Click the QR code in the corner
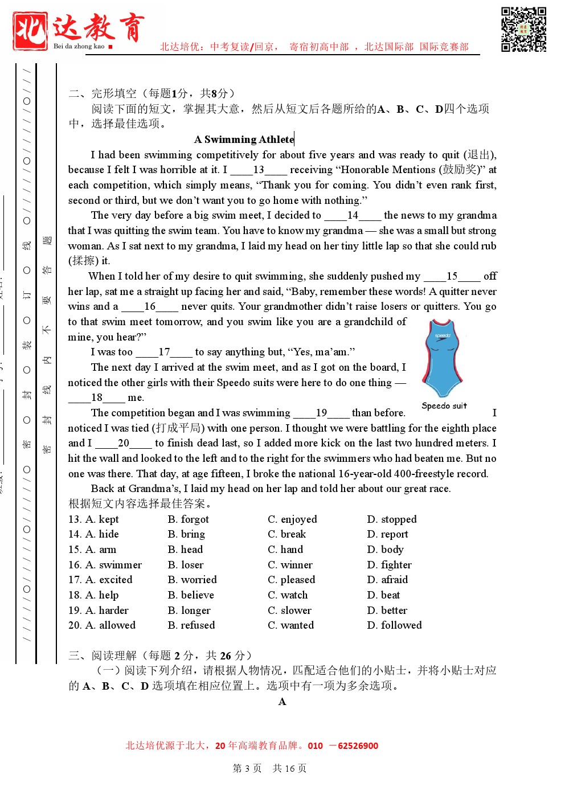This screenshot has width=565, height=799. pyautogui.click(x=523, y=29)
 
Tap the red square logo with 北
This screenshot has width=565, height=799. pyautogui.click(x=30, y=31)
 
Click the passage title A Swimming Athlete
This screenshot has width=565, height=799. pyautogui.click(x=244, y=140)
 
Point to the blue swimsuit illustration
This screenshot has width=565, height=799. pyautogui.click(x=443, y=357)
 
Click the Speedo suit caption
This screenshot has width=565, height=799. pyautogui.click(x=444, y=406)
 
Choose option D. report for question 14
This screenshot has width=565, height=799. pyautogui.click(x=388, y=534)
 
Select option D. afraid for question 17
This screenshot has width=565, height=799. pyautogui.click(x=387, y=580)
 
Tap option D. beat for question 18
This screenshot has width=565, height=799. pyautogui.click(x=383, y=595)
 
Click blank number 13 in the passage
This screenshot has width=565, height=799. pyautogui.click(x=259, y=170)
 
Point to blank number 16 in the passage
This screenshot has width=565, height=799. pyautogui.click(x=150, y=306)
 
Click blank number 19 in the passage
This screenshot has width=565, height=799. pyautogui.click(x=321, y=413)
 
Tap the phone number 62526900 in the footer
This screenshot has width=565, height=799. pyautogui.click(x=358, y=746)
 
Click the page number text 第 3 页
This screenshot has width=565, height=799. pyautogui.click(x=247, y=768)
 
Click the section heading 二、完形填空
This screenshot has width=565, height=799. pyautogui.click(x=103, y=93)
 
